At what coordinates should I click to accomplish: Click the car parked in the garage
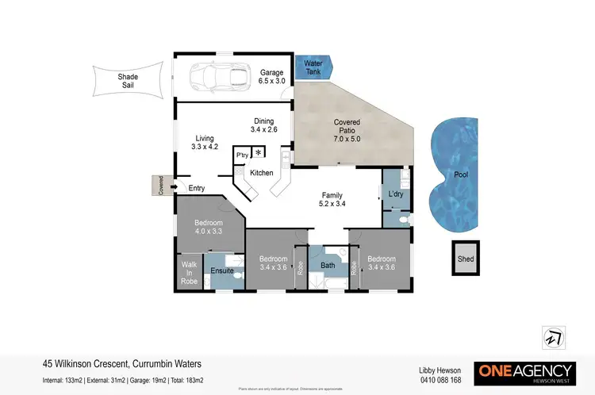[x=213, y=78]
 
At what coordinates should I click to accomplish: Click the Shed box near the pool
[x=465, y=259]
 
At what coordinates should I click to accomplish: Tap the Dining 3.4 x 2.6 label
[x=263, y=125]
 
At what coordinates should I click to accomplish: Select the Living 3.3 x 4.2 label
[x=205, y=142]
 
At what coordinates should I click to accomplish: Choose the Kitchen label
[x=262, y=172]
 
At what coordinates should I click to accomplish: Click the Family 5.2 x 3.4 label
[x=332, y=199]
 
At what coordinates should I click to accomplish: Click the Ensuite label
[x=221, y=272]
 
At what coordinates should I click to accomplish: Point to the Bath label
[x=328, y=266]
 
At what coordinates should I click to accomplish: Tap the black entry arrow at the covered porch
[x=174, y=188]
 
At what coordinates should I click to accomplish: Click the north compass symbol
[x=550, y=336]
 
